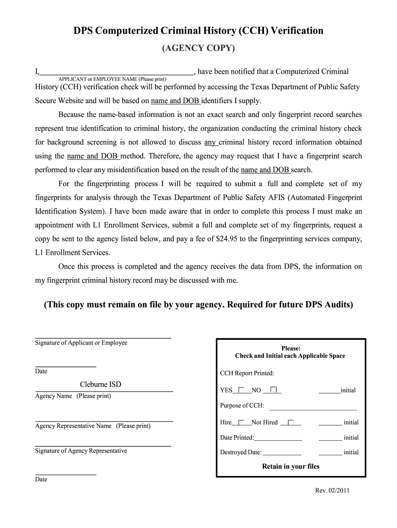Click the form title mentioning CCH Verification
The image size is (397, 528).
198,31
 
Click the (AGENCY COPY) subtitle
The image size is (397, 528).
198,48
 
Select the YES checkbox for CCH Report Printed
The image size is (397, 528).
241,390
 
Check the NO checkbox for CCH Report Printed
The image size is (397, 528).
273,389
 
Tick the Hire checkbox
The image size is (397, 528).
241,422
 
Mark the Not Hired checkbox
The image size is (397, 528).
291,422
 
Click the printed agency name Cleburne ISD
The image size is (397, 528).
101,385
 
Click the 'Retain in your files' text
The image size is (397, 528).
291,467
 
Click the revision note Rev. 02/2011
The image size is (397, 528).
333,490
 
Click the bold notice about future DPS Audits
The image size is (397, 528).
198,305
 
